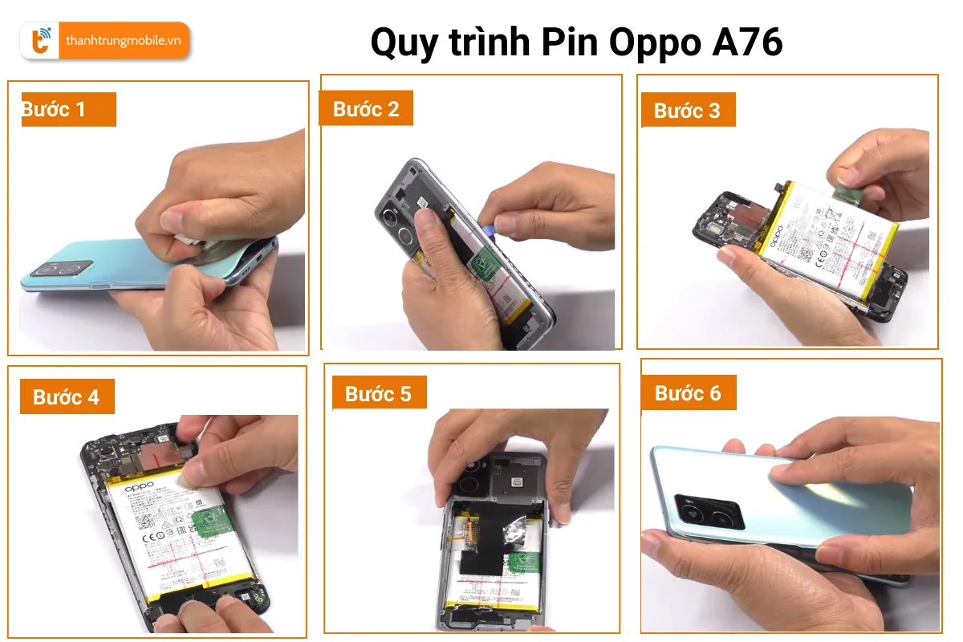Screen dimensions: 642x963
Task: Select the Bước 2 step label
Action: pyautogui.click(x=366, y=109)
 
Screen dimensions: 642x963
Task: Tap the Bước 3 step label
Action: pyautogui.click(x=687, y=111)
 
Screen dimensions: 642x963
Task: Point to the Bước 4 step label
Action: pyautogui.click(x=67, y=397)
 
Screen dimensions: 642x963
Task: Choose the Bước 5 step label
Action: pyautogui.click(x=378, y=393)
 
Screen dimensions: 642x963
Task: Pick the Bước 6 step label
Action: pyautogui.click(x=688, y=393)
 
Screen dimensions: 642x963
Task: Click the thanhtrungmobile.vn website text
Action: pyautogui.click(x=123, y=41)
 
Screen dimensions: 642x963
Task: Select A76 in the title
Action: pyautogui.click(x=747, y=43)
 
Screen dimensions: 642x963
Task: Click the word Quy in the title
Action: pyautogui.click(x=403, y=43)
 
